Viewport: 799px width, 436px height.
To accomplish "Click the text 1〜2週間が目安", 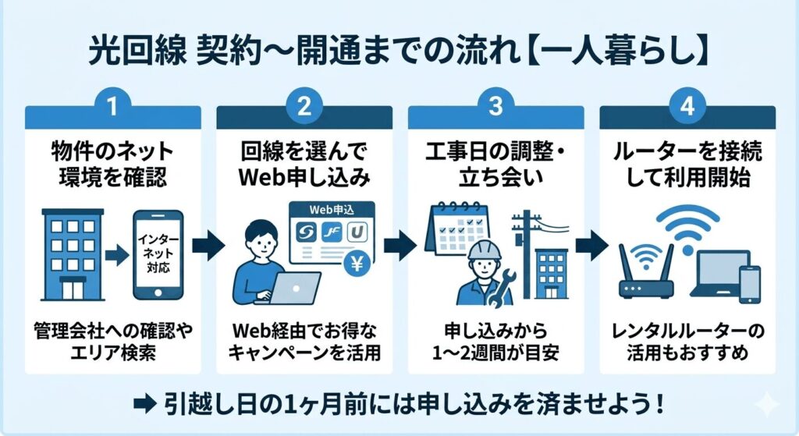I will coord(495,353).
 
